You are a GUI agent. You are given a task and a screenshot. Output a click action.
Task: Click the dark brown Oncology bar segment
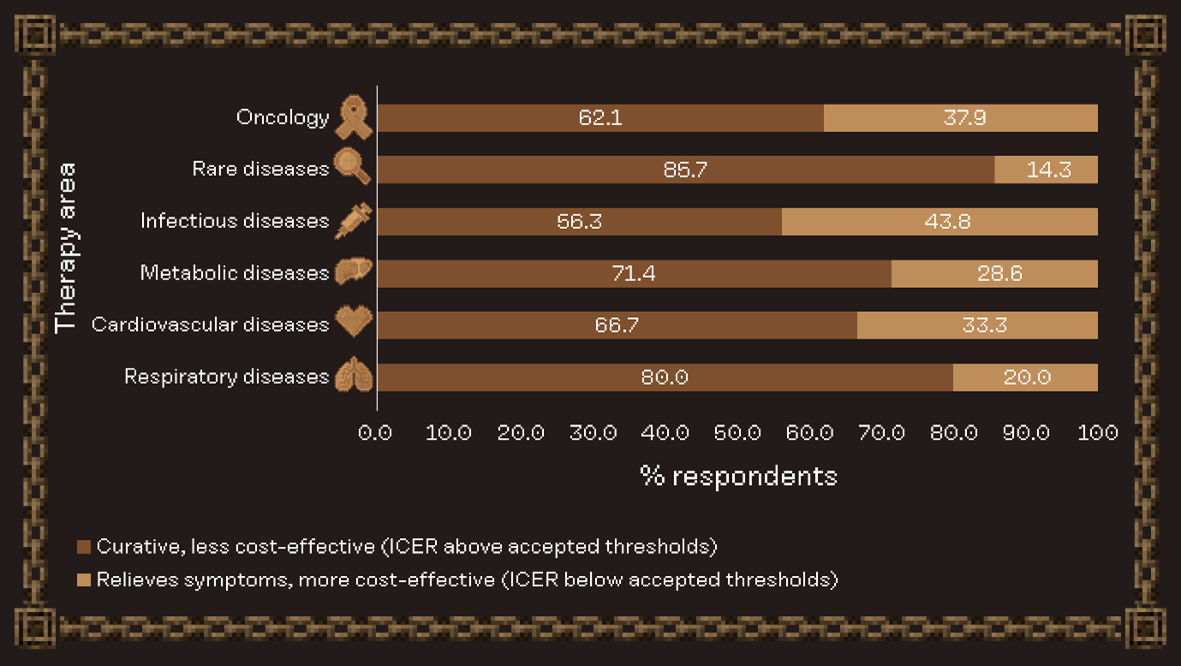tap(599, 118)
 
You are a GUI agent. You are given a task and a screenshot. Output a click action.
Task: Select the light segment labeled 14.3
tap(1047, 170)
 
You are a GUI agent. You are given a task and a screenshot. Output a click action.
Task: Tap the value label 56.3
tap(580, 222)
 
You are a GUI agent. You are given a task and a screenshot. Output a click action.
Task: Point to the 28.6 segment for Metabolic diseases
tap(994, 273)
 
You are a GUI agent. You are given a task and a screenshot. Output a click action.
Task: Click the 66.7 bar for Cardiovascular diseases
tap(617, 326)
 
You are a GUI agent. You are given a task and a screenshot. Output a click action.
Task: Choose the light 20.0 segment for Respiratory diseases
tap(1025, 377)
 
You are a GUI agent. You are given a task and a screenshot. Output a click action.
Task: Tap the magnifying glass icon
tap(352, 167)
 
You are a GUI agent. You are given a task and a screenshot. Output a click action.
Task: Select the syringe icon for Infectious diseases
tap(353, 220)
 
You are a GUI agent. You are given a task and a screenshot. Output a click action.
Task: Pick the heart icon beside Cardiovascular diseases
tap(353, 322)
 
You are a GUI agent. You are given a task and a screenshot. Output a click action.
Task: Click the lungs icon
tap(353, 375)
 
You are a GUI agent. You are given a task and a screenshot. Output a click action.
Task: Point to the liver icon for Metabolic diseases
tap(353, 273)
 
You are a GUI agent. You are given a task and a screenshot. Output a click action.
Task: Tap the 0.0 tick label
tap(375, 433)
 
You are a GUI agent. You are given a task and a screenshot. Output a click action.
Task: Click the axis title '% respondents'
tap(738, 477)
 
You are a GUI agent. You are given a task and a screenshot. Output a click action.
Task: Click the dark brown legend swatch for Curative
tap(84, 547)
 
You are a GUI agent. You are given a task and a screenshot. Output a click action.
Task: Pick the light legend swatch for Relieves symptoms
tap(84, 580)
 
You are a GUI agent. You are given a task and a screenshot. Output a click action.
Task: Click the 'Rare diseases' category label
tap(260, 169)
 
